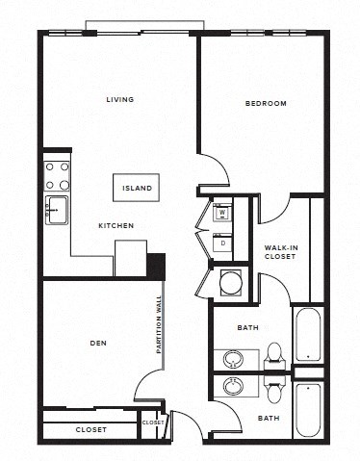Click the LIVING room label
pos(119,99)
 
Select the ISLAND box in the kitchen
pos(136,187)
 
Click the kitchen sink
pos(55,209)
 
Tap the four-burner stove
pos(57,175)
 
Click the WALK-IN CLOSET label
pos(280,252)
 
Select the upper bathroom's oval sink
pos(234,360)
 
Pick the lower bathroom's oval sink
pos(234,387)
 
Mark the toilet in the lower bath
pos(274,390)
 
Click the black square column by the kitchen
pos(155,264)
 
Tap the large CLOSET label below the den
pos(91,429)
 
